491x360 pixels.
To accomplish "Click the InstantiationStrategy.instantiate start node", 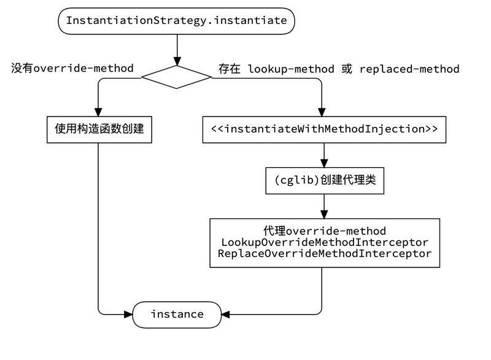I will pos(176,20).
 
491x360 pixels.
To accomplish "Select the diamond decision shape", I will pos(176,77).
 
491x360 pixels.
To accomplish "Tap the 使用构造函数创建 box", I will pos(98,129).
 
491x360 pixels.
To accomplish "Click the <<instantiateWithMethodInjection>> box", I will pos(323,129).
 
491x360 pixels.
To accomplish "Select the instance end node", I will pos(176,314).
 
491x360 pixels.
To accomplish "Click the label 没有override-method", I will pos(72,68).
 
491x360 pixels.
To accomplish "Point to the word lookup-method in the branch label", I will pos(291,69).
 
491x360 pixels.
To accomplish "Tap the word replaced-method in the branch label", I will pos(409,69).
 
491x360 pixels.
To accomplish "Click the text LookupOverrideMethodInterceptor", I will pos(325,242).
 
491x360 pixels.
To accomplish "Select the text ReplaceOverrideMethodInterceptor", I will pos(325,253).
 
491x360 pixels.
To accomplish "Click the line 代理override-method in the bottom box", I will pos(325,231).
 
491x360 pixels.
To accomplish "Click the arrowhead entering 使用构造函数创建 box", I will pos(98,112).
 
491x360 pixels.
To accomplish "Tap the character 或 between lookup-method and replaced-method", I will pos(347,69).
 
